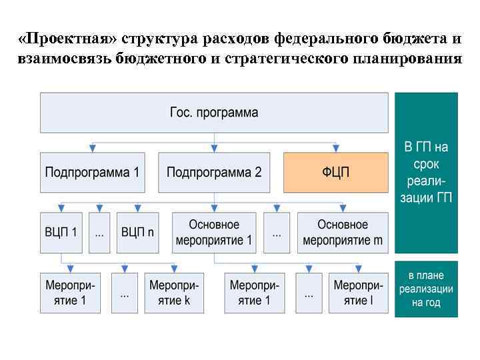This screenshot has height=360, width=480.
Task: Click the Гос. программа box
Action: [x=214, y=113]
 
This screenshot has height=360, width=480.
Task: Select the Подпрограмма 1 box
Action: [x=92, y=172]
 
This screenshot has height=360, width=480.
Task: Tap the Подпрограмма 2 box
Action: [x=214, y=172]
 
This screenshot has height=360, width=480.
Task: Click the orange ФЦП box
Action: [x=336, y=172]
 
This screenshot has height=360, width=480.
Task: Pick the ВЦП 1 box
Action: [x=61, y=233]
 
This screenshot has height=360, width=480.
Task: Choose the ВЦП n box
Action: [x=138, y=233]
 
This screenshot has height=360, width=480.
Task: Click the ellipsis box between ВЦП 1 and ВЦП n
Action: [x=99, y=233]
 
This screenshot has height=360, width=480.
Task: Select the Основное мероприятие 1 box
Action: [x=214, y=233]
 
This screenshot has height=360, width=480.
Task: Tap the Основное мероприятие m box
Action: [x=343, y=233]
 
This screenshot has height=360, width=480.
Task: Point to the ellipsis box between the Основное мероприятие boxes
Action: [x=276, y=233]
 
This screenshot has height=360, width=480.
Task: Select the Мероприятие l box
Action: [x=359, y=293]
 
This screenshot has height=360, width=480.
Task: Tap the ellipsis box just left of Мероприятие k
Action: [x=125, y=293]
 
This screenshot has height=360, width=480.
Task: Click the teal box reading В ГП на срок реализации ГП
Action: [x=427, y=173]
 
